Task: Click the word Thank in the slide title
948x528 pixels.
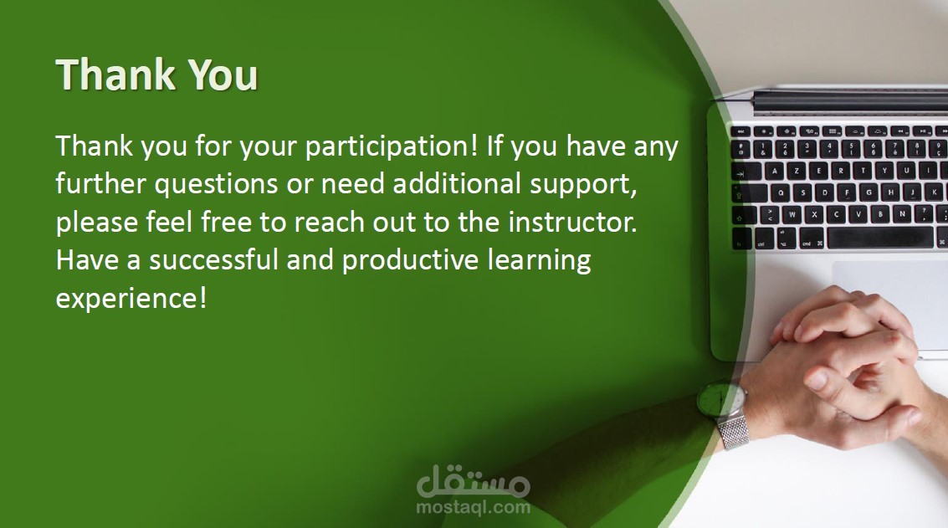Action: click(x=115, y=74)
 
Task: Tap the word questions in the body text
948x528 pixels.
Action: click(x=216, y=184)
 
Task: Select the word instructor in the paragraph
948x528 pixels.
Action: click(x=572, y=222)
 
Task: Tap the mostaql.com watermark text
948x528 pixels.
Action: click(x=474, y=507)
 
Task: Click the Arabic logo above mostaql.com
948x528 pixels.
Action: click(x=474, y=481)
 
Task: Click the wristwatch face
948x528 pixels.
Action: click(x=720, y=398)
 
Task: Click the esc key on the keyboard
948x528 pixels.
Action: click(x=740, y=131)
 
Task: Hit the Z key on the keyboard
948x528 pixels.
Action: click(x=797, y=172)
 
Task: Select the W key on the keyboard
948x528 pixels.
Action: click(x=792, y=214)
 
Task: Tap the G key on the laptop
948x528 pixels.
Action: click(x=869, y=193)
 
